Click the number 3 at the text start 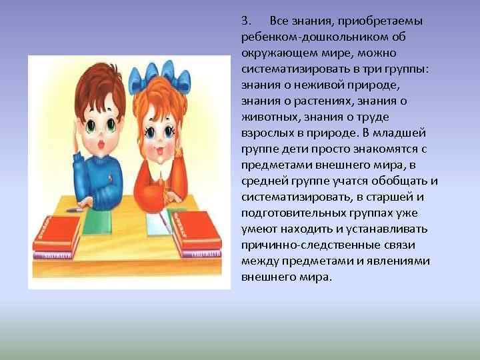[245, 20]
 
